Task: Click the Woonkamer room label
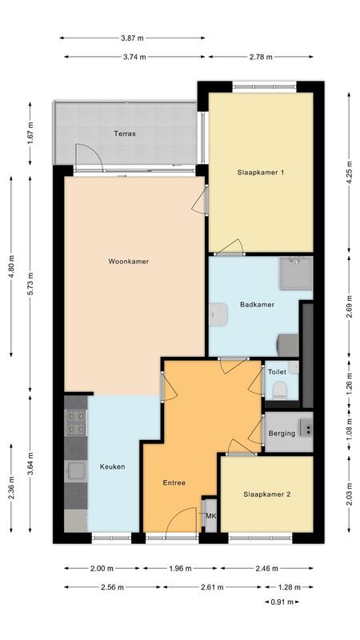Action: click(129, 261)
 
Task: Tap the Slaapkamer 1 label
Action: click(261, 172)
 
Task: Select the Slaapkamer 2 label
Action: click(266, 494)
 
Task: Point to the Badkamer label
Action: click(257, 304)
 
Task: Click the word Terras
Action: click(124, 134)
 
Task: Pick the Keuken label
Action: click(112, 466)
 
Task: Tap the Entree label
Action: click(174, 482)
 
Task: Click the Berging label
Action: click(282, 433)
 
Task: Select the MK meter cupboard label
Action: click(211, 516)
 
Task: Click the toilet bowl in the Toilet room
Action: click(279, 390)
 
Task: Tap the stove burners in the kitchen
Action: click(76, 422)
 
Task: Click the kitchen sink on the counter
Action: click(75, 470)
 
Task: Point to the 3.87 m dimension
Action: click(133, 38)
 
